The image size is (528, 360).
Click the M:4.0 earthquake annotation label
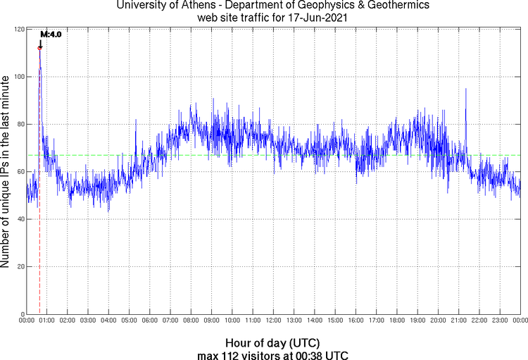[51, 33]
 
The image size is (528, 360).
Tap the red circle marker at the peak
[39, 48]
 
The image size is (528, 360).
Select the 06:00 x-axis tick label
[149, 321]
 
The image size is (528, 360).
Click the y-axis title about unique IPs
[6, 171]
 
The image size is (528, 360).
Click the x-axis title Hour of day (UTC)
[273, 342]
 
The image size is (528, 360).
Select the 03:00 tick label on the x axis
[88, 321]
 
